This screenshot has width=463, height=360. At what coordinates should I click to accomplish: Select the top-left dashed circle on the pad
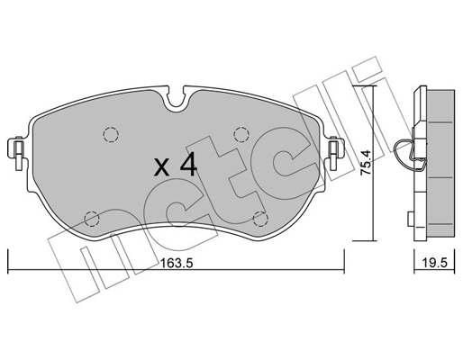point(111,134)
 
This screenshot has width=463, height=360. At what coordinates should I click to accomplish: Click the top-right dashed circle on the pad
point(241,134)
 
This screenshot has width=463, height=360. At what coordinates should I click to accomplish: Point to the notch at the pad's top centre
point(177,96)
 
